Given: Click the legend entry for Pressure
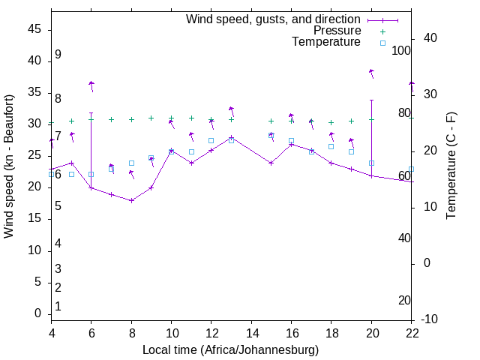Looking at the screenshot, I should (337, 31).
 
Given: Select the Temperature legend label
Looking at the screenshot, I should (326, 42).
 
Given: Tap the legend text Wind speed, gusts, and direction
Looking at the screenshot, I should (273, 19).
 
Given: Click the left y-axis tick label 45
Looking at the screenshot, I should (34, 29).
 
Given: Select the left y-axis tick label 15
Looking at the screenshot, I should (34, 219).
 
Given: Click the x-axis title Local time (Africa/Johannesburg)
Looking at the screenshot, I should (231, 350).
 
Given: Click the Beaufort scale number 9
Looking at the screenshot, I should (58, 55).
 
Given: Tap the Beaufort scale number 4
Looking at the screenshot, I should (58, 243).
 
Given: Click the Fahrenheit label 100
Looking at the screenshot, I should (401, 50).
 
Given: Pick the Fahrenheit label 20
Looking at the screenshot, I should (404, 301).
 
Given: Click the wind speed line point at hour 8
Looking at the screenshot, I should (131, 200).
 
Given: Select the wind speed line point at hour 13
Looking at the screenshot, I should (232, 137).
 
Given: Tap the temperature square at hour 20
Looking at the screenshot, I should (371, 163).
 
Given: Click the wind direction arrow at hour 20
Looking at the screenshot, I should (371, 73).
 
